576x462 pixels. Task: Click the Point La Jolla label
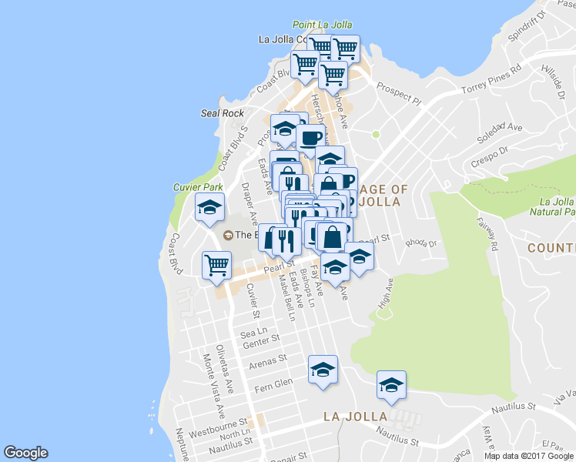tap(322, 25)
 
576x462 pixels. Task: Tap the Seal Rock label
tap(223, 113)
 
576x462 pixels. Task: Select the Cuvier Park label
tap(198, 187)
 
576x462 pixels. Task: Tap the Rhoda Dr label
tap(421, 243)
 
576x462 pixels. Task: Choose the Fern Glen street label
tap(273, 383)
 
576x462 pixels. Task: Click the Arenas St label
tap(269, 359)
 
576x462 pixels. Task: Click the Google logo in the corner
tap(25, 453)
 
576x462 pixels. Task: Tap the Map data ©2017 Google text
tap(529, 456)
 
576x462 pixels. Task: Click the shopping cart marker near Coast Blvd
tap(217, 265)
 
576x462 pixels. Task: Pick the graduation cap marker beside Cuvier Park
tap(209, 208)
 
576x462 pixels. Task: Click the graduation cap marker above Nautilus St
tap(391, 385)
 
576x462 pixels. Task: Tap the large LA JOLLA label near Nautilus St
tap(355, 417)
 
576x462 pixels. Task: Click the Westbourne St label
tap(219, 423)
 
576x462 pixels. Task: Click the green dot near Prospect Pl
tap(376, 135)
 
